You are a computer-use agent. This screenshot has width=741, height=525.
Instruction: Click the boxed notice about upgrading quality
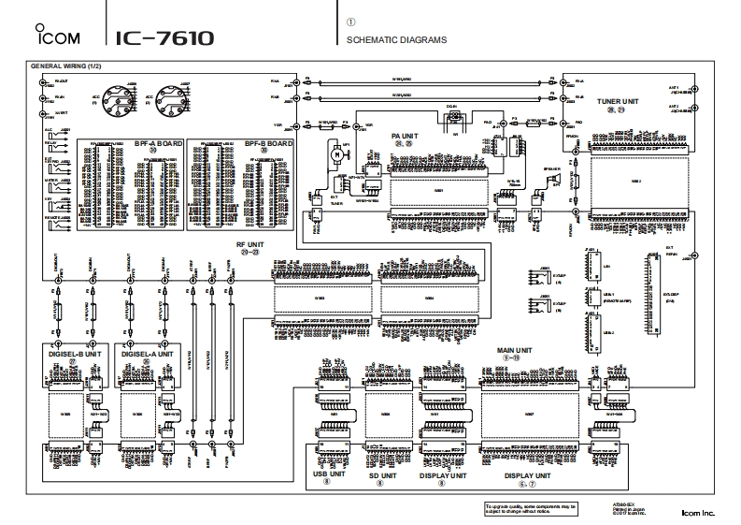[531, 508]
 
